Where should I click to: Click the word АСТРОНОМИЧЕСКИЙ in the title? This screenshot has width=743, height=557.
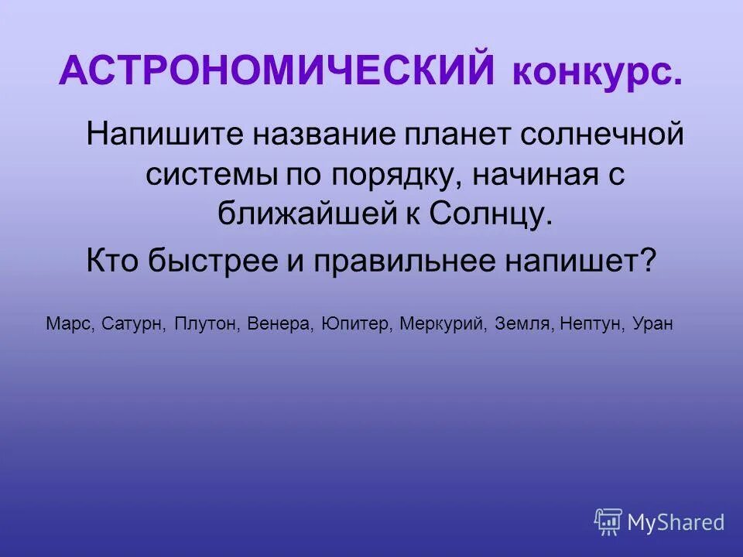276,73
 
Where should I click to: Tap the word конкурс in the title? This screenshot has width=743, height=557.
597,74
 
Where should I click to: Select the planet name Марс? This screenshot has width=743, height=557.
70,323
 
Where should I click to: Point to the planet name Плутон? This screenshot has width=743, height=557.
207,323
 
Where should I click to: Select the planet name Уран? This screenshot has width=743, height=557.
653,323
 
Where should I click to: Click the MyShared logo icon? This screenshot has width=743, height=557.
608,522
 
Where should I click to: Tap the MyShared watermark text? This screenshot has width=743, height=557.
676,523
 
